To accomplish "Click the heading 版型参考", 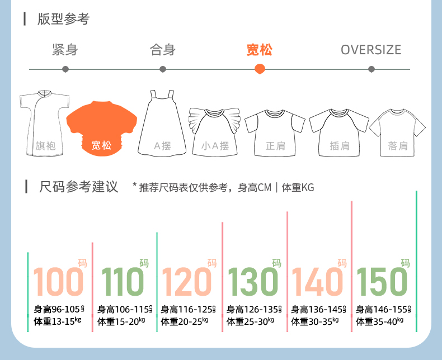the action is click(63, 19).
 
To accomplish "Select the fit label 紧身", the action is click(65, 50).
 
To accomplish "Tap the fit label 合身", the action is click(163, 50).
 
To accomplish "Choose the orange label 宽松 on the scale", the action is click(260, 50).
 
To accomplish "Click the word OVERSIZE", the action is click(371, 50).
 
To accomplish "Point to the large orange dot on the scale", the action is click(260, 69).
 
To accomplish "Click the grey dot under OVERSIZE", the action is click(372, 69).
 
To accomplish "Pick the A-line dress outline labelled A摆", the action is click(162, 123).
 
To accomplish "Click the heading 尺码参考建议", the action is click(79, 187).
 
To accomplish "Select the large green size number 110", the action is click(123, 282).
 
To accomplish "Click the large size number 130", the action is click(252, 282).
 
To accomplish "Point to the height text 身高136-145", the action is click(314, 309).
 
